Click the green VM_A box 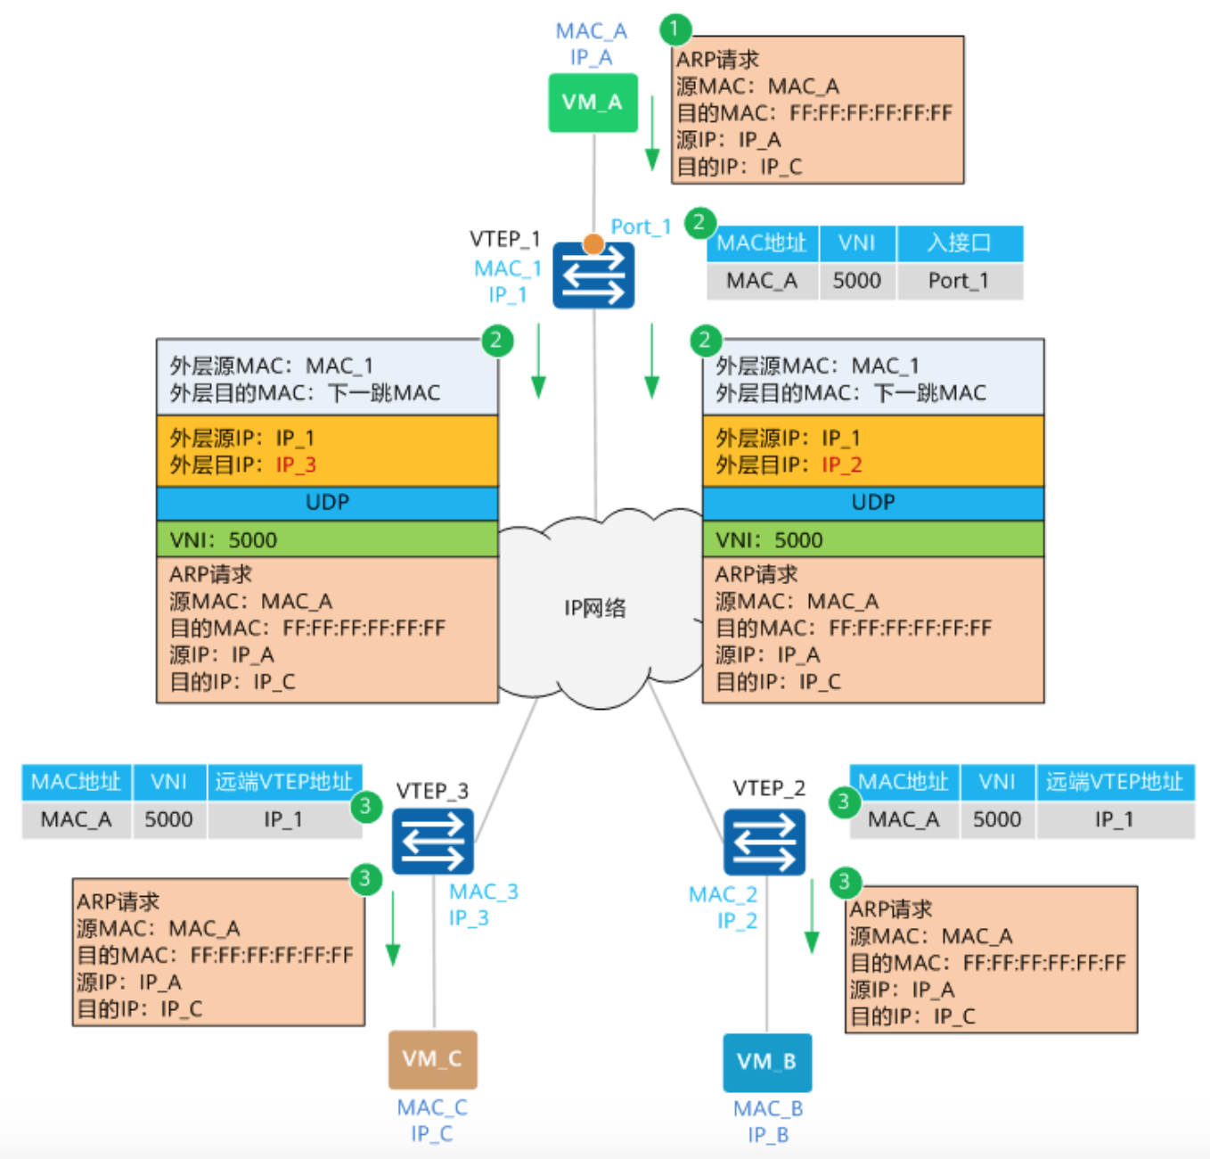click(593, 103)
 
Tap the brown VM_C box click(432, 1059)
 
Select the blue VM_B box click(766, 1062)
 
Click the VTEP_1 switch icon click(593, 275)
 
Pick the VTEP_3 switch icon click(433, 842)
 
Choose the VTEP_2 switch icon click(764, 843)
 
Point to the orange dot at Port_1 click(593, 243)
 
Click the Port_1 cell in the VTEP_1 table click(959, 282)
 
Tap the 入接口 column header click(959, 243)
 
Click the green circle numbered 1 click(674, 29)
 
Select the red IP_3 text click(296, 465)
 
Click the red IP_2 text click(841, 465)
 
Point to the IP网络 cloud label click(595, 609)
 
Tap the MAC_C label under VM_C click(432, 1107)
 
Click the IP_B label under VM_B click(768, 1135)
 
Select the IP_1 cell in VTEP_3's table click(283, 820)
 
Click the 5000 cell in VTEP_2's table click(996, 820)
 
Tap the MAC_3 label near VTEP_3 click(484, 892)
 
